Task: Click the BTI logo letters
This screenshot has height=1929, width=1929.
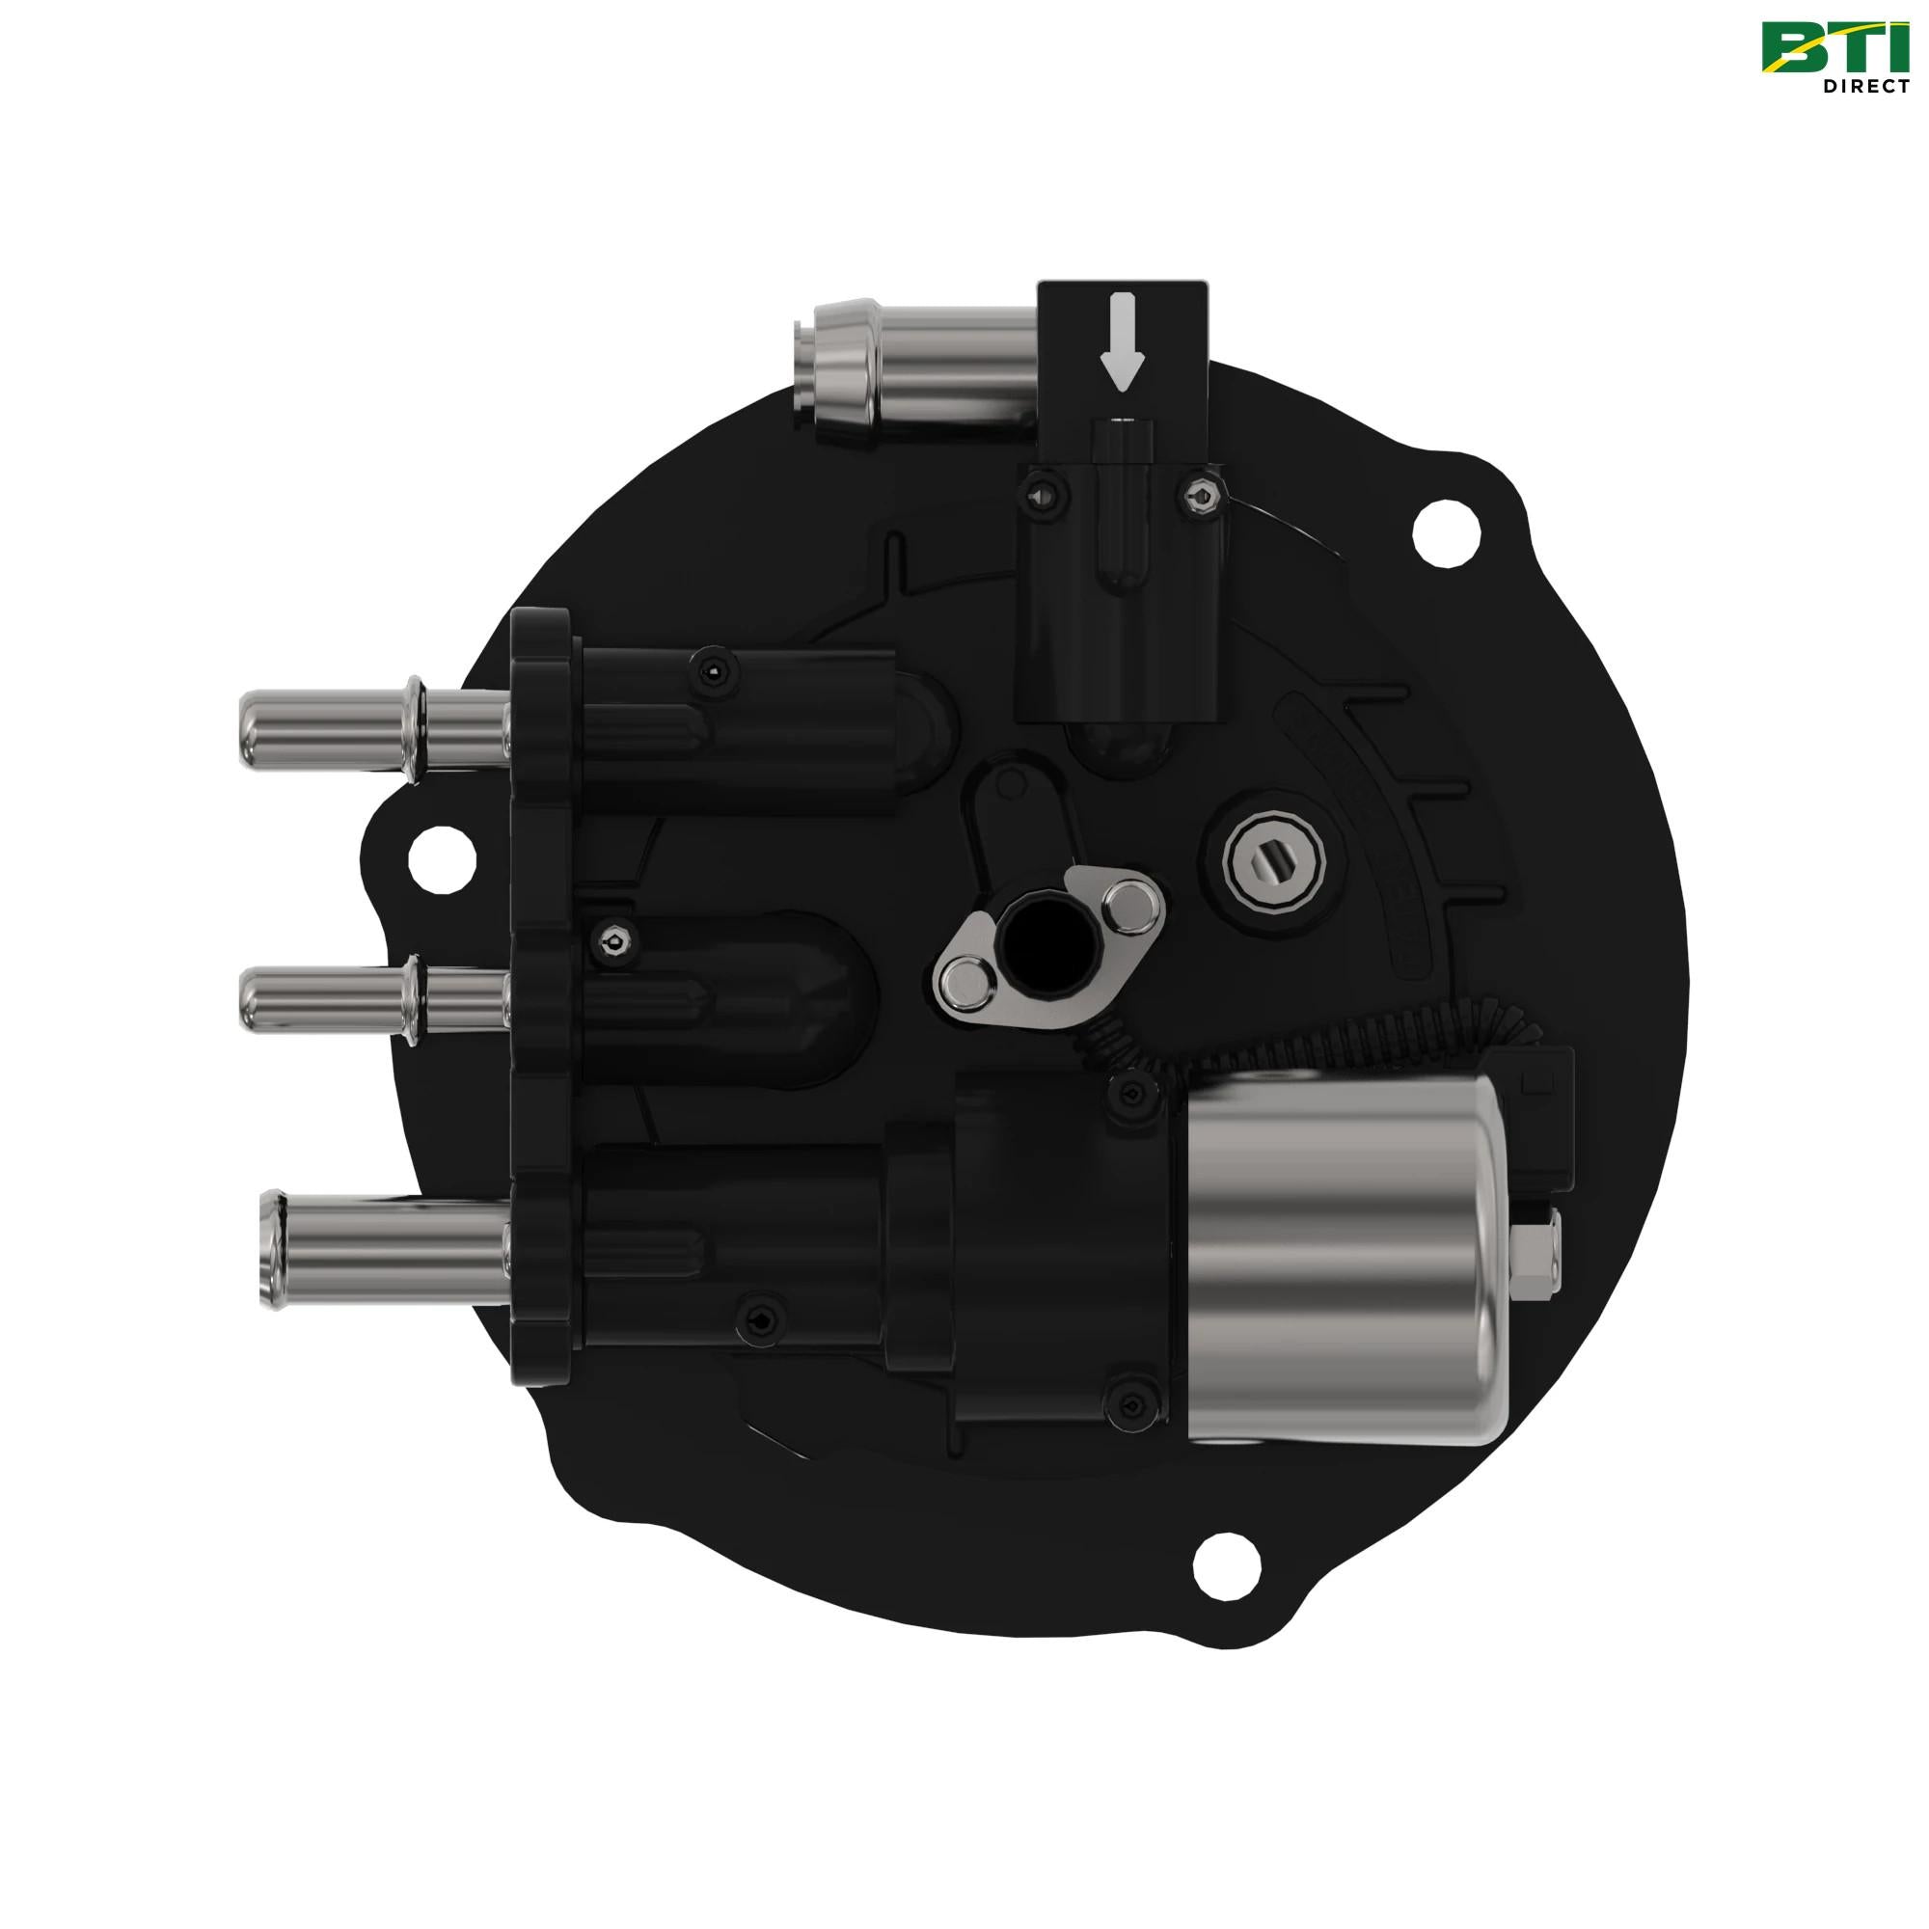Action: click(1834, 48)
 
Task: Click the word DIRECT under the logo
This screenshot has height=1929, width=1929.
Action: click(1866, 86)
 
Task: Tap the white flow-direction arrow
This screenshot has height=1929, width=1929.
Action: click(1124, 340)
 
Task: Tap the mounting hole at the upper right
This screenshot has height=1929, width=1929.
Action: click(1445, 536)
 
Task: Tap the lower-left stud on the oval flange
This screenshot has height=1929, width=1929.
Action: click(965, 983)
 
